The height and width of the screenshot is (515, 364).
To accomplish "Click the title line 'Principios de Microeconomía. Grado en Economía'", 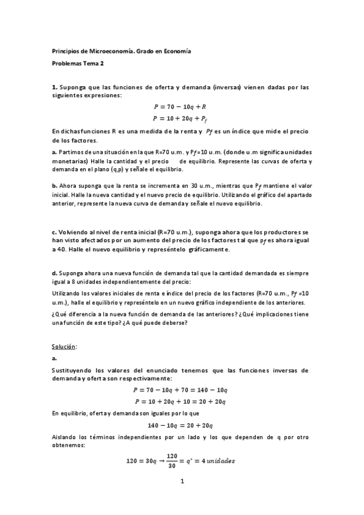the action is (122, 52).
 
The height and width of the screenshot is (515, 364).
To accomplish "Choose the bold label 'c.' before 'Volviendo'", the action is (54, 232).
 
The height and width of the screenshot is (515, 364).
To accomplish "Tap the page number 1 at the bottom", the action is (182, 481).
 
